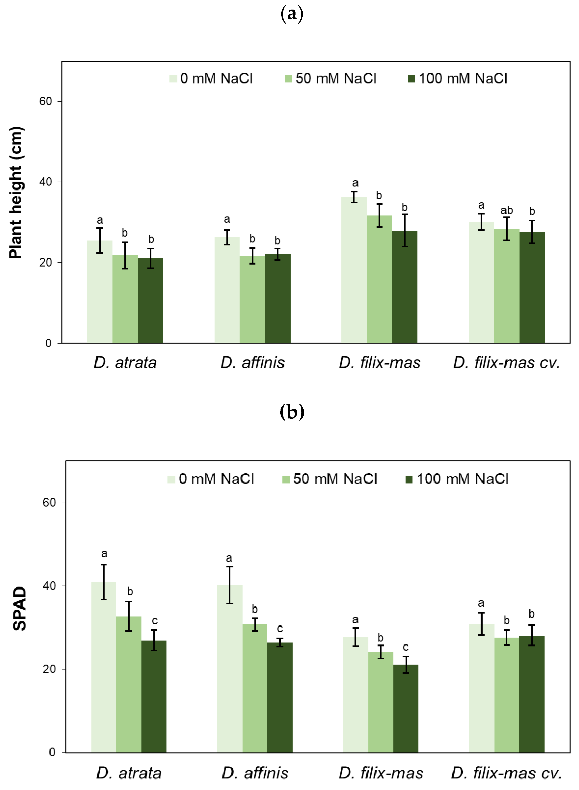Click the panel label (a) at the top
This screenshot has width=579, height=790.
[x=292, y=14]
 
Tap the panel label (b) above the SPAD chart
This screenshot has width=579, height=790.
[x=292, y=412]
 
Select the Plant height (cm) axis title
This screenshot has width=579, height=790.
[x=16, y=193]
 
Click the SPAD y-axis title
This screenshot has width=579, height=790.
[x=19, y=609]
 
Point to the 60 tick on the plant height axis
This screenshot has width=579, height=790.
[x=46, y=101]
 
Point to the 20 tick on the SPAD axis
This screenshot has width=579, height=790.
[x=49, y=669]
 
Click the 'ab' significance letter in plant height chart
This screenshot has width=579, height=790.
[x=506, y=210]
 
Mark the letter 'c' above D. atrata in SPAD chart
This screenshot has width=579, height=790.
[x=155, y=621]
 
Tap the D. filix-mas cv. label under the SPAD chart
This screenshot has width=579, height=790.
[x=506, y=773]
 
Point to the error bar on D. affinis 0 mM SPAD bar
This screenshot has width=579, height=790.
[x=229, y=585]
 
